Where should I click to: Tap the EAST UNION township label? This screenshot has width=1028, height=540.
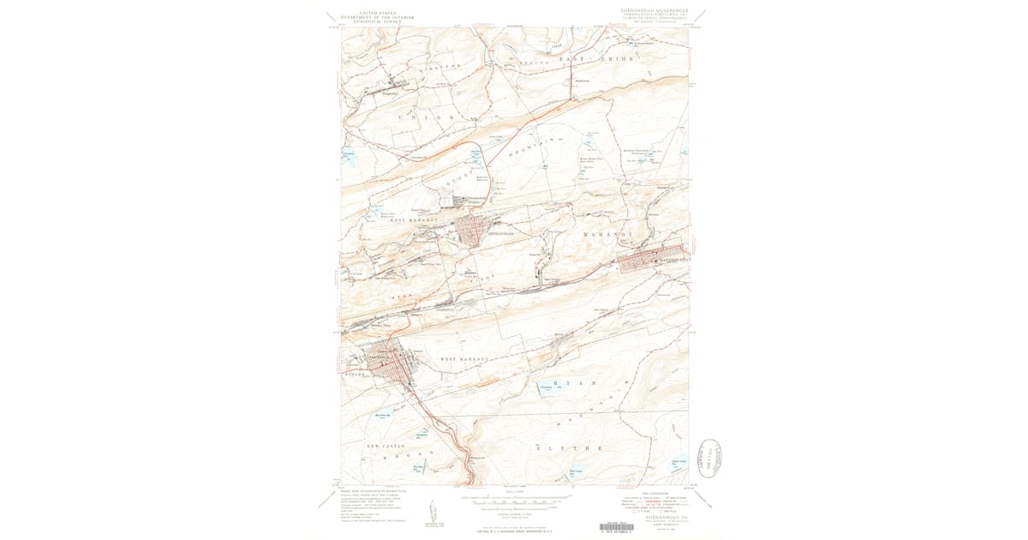596,58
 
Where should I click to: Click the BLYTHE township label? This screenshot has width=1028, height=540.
569,448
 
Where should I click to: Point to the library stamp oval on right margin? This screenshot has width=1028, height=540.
710,459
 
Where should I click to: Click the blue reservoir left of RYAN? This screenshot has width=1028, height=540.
547,387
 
